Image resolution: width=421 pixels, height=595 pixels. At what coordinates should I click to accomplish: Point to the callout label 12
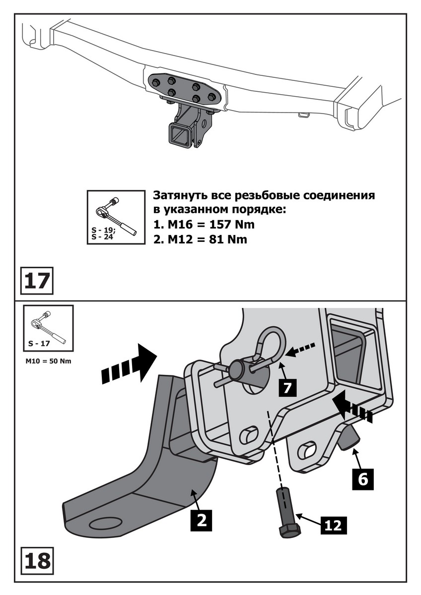click(x=334, y=524)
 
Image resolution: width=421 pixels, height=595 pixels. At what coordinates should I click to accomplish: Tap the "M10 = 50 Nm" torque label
click(x=48, y=361)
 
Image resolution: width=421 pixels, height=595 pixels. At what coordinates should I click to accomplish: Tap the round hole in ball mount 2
click(x=105, y=524)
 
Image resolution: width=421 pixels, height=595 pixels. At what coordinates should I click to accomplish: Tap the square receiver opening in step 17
click(x=179, y=135)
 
